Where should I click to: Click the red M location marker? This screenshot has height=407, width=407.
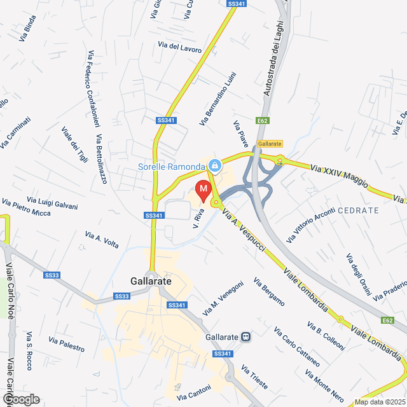coord(203,189)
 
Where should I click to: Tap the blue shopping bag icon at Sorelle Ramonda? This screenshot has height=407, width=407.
coord(215,166)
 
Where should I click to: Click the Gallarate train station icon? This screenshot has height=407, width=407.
coord(245,337)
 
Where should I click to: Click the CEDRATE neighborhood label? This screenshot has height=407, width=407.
coord(358,210)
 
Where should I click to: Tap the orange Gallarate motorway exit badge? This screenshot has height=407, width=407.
coord(269,144)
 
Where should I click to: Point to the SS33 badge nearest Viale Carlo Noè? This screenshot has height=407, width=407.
coord(52,275)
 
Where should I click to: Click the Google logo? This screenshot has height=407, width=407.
coord(20,399)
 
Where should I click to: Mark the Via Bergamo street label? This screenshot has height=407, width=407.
coord(268,292)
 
